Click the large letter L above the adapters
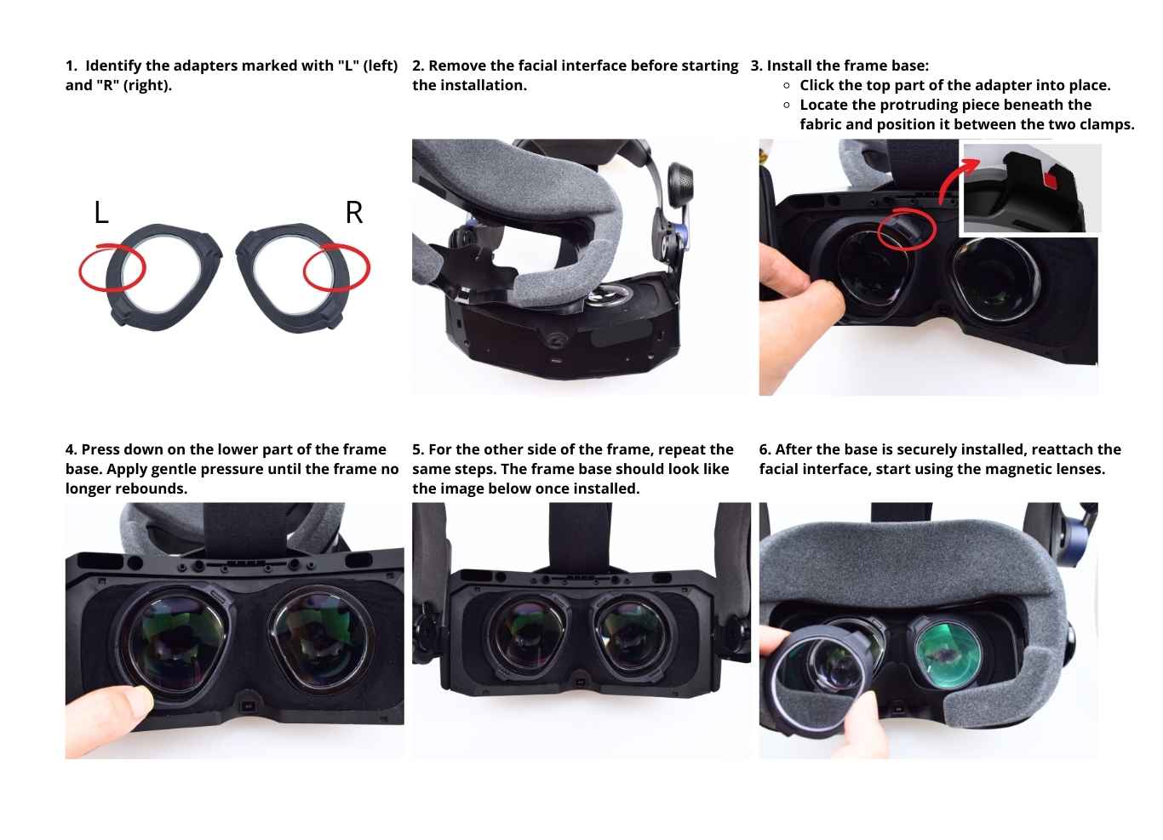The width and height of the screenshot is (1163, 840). (101, 212)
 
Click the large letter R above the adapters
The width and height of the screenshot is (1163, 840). (354, 212)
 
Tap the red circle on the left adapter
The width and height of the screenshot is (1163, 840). (112, 268)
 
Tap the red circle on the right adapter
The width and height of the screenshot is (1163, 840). (337, 267)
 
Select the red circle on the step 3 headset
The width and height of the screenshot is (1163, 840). (907, 228)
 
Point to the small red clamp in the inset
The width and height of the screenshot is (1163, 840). (1051, 180)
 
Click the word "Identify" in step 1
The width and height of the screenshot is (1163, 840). (113, 66)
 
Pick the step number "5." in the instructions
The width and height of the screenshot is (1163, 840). (418, 449)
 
